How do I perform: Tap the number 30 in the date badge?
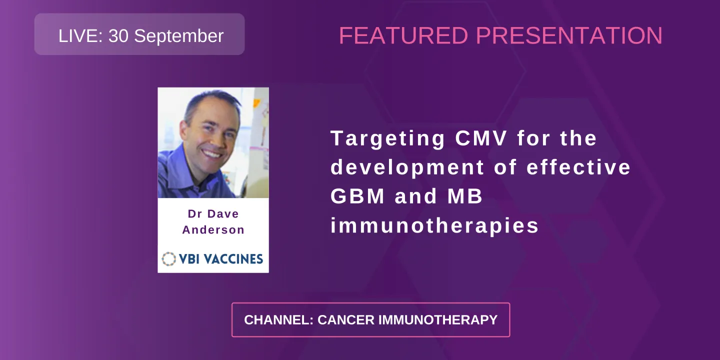pyautogui.click(x=118, y=36)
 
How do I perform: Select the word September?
pyautogui.click(x=178, y=36)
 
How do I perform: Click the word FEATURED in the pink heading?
pyautogui.click(x=403, y=36)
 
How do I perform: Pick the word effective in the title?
pyautogui.click(x=578, y=167)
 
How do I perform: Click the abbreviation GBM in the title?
pyautogui.click(x=357, y=196)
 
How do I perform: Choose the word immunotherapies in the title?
pyautogui.click(x=434, y=226)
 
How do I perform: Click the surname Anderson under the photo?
pyautogui.click(x=213, y=230)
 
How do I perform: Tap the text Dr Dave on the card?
pyautogui.click(x=213, y=214)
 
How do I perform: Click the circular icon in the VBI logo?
pyautogui.click(x=169, y=258)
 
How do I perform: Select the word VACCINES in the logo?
pyautogui.click(x=236, y=258)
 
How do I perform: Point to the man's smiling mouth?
pyautogui.click(x=212, y=153)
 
